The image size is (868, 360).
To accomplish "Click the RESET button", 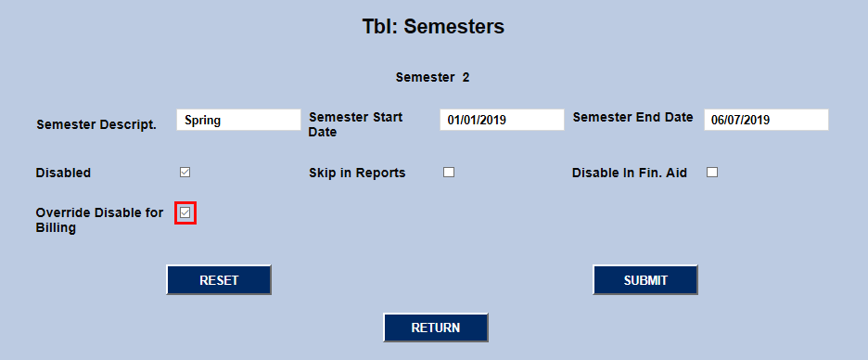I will (x=219, y=280).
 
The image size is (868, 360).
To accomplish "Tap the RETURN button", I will (x=436, y=328).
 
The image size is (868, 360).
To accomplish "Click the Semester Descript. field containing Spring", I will (x=238, y=120).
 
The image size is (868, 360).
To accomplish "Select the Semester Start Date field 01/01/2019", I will (x=502, y=120).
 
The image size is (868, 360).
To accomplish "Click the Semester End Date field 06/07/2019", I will (x=765, y=120).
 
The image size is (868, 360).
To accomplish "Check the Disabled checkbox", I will (x=185, y=172).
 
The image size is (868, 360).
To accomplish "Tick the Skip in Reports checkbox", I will (x=449, y=172).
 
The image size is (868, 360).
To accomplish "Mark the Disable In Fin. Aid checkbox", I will (x=712, y=172).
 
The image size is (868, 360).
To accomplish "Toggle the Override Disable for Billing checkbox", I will (x=185, y=213).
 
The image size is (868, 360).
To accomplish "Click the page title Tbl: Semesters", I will (x=433, y=27).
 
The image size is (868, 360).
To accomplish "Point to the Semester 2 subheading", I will (x=432, y=77).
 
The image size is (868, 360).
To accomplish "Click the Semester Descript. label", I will (x=96, y=124).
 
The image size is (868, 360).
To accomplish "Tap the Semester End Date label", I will (x=632, y=117).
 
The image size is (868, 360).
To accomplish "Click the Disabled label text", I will (x=63, y=173).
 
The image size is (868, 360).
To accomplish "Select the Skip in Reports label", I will (x=357, y=173).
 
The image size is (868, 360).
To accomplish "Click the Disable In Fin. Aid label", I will (x=629, y=173).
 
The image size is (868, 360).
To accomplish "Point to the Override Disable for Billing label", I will (x=99, y=220).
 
